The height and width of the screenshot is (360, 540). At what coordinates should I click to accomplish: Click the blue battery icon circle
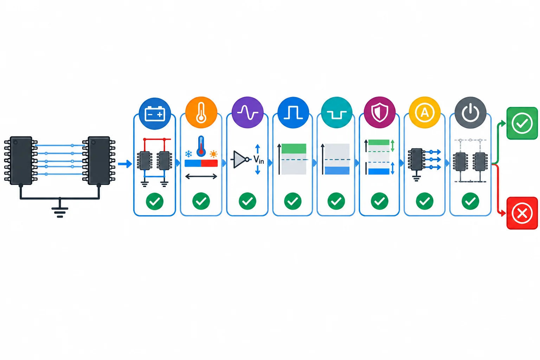pyautogui.click(x=155, y=114)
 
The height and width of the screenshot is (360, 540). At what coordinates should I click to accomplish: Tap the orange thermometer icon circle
pyautogui.click(x=201, y=112)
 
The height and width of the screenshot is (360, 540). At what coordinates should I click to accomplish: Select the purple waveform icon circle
pyautogui.click(x=247, y=112)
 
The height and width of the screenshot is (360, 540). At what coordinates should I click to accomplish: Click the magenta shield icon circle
pyautogui.click(x=380, y=112)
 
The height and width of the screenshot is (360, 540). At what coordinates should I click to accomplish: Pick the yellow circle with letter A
pyautogui.click(x=425, y=112)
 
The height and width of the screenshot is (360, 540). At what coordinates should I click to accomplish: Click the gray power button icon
pyautogui.click(x=470, y=112)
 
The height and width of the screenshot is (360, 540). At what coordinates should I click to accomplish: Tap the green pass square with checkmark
pyautogui.click(x=522, y=123)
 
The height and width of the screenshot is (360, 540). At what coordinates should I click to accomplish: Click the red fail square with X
pyautogui.click(x=522, y=213)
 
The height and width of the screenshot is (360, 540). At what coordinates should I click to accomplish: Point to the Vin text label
pyautogui.click(x=259, y=160)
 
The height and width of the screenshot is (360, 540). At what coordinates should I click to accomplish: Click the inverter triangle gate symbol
pyautogui.click(x=240, y=159)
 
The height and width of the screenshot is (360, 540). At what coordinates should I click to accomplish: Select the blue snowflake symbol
pyautogui.click(x=188, y=154)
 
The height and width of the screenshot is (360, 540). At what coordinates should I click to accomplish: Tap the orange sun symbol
pyautogui.click(x=214, y=154)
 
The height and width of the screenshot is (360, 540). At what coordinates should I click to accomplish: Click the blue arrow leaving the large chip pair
pyautogui.click(x=125, y=164)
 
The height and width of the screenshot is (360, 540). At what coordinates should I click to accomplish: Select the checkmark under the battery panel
pyautogui.click(x=155, y=201)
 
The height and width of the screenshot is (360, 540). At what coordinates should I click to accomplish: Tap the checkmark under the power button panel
pyautogui.click(x=470, y=201)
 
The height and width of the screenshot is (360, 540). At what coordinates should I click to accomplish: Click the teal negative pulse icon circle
pyautogui.click(x=336, y=112)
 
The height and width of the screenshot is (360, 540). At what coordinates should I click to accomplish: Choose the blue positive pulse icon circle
pyautogui.click(x=293, y=112)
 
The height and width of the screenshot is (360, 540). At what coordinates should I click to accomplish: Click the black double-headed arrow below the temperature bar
pyautogui.click(x=201, y=176)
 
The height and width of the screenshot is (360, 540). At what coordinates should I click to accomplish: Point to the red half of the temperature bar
pyautogui.click(x=209, y=163)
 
